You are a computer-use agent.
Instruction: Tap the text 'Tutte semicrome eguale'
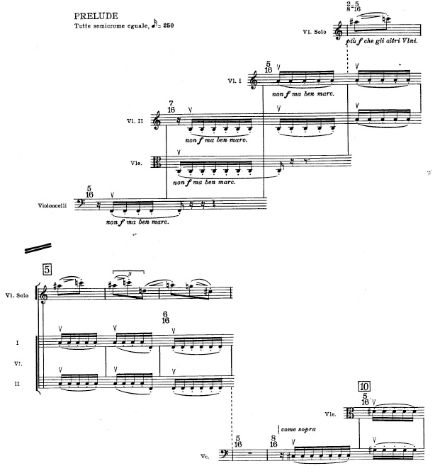pyautogui.click(x=111, y=26)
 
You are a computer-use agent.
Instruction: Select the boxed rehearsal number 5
pyautogui.click(x=46, y=269)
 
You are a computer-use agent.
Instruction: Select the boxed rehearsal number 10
pyautogui.click(x=364, y=387)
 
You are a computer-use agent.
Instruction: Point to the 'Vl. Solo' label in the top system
pyautogui.click(x=312, y=33)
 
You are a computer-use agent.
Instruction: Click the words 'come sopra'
pyautogui.click(x=300, y=429)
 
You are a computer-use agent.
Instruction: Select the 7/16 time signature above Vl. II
pyautogui.click(x=171, y=107)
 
